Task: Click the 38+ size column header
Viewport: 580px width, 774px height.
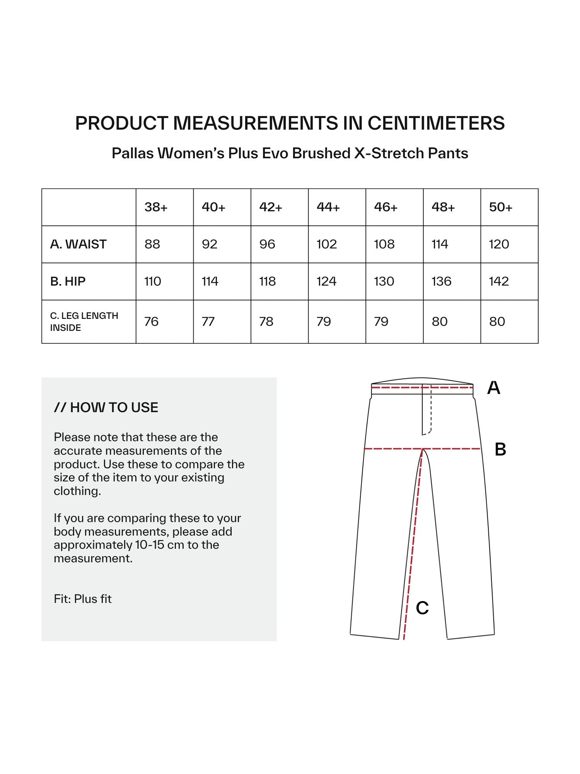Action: click(156, 207)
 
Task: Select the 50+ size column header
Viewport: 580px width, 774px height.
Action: click(500, 207)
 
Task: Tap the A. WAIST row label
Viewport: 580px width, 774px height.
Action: click(78, 244)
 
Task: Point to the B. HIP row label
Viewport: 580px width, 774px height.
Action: click(68, 281)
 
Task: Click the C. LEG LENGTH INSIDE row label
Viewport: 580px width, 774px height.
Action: click(84, 322)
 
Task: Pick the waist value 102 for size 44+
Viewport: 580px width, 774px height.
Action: click(327, 244)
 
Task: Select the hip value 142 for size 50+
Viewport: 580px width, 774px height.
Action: click(499, 281)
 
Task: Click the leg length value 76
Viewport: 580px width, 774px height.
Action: click(151, 322)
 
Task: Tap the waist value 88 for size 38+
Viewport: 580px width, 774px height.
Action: click(152, 244)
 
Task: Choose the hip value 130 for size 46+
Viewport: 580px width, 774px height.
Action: click(384, 281)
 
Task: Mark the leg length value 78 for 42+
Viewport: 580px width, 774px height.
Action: click(266, 322)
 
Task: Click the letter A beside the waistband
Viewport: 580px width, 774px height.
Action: click(493, 388)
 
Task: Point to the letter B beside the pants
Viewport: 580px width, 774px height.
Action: click(500, 450)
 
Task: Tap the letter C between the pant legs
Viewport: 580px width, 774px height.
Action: click(422, 608)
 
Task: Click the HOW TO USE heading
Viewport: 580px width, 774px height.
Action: click(106, 408)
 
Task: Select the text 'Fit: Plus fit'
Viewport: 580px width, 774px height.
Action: click(83, 599)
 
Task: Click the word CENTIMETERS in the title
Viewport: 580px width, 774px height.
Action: click(436, 123)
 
